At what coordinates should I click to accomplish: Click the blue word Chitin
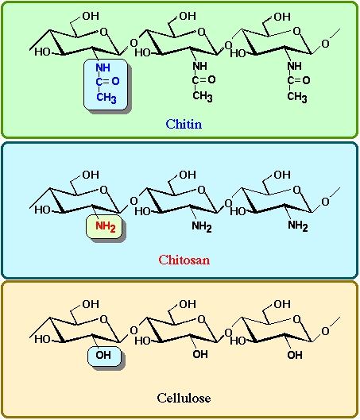pos(184,124)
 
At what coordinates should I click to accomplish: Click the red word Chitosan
pos(184,260)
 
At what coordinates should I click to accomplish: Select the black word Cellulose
pos(184,398)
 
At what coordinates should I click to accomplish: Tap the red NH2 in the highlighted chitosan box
pos(106,226)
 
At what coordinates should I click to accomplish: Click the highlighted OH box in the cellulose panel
pos(104,356)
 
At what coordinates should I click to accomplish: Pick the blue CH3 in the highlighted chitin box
pos(106,97)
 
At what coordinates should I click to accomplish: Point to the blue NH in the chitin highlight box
pos(103,67)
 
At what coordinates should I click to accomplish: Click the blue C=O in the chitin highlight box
pos(107,82)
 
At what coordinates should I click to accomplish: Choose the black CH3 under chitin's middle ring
pos(203,96)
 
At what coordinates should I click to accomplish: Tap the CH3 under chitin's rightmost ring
pos(297,97)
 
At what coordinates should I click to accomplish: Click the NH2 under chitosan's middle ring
pos(202,227)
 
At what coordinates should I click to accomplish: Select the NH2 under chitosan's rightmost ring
pos(298,225)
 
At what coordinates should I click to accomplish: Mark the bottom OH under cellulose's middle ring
pos(200,354)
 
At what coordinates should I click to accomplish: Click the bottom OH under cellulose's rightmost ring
pos(295,355)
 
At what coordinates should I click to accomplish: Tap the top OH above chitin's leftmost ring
pos(91,16)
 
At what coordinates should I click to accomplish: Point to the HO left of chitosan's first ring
pos(42,210)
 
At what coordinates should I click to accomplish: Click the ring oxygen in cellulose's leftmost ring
pos(103,319)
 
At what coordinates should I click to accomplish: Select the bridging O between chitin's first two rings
pos(134,43)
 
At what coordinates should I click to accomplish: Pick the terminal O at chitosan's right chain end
pos(325,202)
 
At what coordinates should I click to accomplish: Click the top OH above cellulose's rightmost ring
pos(282,304)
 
